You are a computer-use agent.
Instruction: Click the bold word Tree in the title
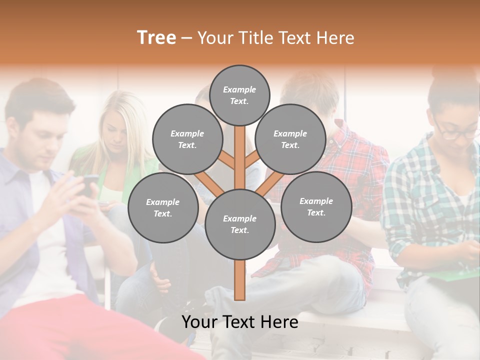click(156, 38)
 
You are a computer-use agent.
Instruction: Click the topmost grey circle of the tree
click(239, 95)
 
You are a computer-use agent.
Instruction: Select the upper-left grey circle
click(187, 139)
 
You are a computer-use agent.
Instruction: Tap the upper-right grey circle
click(290, 139)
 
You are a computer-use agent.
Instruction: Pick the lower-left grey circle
click(163, 207)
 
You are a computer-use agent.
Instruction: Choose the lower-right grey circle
click(316, 206)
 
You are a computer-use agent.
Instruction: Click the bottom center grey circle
click(240, 224)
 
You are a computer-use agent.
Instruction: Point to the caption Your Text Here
click(240, 322)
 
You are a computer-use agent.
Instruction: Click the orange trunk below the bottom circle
click(240, 280)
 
